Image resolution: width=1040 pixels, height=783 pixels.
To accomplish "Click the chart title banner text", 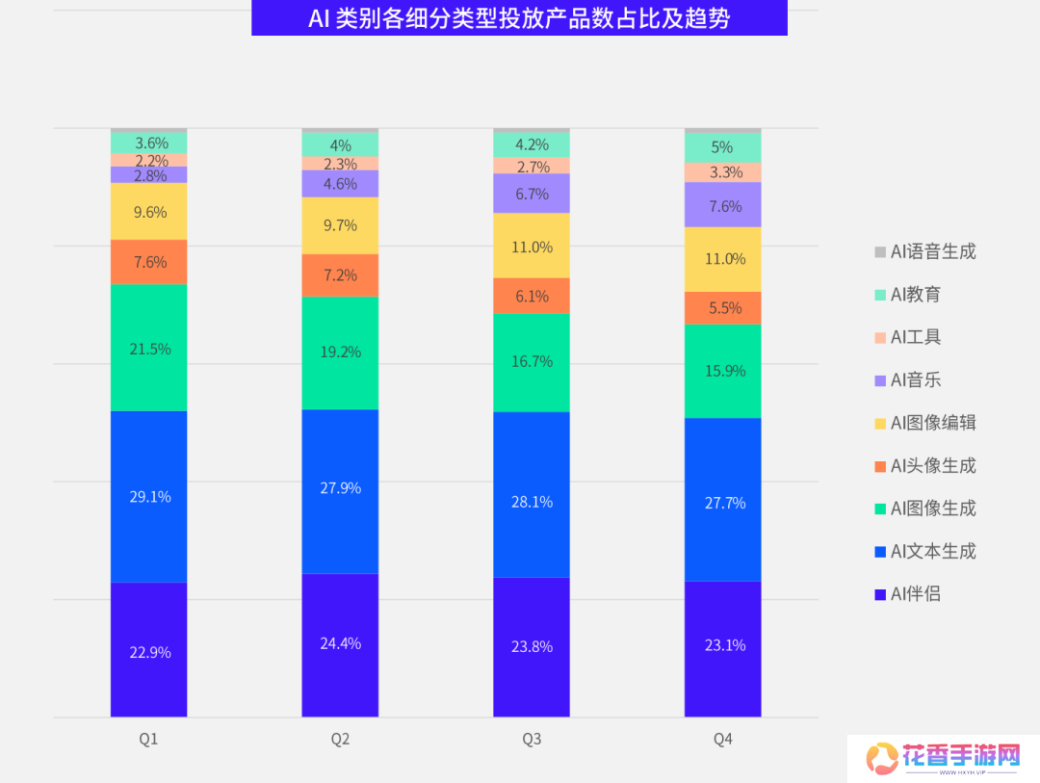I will (x=519, y=18).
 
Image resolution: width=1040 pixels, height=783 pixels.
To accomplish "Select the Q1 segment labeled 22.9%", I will (x=149, y=651).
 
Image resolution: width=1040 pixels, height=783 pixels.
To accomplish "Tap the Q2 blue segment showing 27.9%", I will (x=340, y=488).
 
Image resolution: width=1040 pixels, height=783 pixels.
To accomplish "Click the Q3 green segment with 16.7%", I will (x=532, y=361).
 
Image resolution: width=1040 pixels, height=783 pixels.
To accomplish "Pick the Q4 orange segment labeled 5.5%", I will (x=723, y=308).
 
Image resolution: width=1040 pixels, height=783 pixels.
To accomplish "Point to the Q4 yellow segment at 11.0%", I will (x=723, y=258).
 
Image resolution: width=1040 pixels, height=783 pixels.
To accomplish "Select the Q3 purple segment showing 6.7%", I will (x=532, y=194).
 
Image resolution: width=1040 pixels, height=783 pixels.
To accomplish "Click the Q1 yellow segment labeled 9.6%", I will (x=149, y=211).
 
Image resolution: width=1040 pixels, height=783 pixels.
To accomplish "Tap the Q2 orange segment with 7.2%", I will (x=340, y=274).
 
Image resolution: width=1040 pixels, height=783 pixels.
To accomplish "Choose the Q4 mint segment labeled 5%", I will (x=723, y=147).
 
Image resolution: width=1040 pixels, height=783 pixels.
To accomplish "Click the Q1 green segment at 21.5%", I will (x=149, y=348).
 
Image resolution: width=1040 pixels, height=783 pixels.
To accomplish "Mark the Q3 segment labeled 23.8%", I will (x=532, y=646).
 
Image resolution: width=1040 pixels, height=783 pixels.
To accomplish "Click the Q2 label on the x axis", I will (x=340, y=740).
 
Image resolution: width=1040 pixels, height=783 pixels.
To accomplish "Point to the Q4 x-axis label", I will (x=723, y=740).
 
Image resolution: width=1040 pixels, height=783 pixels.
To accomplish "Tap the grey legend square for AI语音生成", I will (x=879, y=252).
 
